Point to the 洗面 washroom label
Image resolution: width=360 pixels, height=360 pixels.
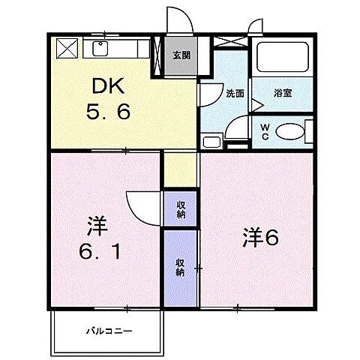[235, 94]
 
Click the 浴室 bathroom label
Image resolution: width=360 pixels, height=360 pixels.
[283, 94]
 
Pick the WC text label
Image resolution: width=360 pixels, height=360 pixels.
[265, 131]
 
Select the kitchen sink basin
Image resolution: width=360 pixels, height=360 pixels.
[100, 48]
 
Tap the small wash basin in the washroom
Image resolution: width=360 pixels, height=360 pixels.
[211, 140]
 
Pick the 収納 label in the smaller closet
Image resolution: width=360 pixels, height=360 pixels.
[181, 209]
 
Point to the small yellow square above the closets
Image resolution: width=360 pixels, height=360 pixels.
[181, 169]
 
